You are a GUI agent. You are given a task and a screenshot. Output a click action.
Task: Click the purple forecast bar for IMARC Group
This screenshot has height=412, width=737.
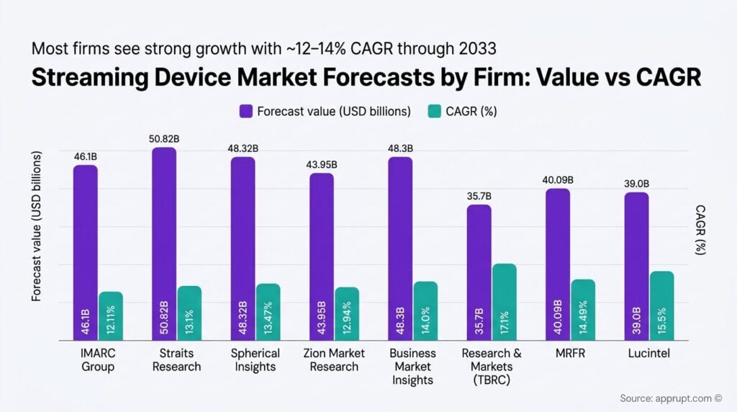(86, 252)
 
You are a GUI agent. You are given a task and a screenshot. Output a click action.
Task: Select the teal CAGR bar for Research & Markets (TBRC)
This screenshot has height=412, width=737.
(504, 302)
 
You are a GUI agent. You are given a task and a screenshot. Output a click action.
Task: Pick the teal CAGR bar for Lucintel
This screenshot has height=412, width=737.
(661, 305)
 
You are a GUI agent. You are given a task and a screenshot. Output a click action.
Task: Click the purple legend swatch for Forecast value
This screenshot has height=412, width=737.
(245, 111)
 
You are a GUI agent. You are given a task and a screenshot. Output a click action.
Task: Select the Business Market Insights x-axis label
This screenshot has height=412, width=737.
(412, 366)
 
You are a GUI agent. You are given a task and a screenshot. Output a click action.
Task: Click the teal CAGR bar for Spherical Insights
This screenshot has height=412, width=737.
(268, 311)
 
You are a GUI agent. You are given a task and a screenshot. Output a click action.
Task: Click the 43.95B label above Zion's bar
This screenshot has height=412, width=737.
(321, 164)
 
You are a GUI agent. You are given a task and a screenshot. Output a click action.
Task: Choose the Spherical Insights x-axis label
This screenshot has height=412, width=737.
(255, 360)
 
